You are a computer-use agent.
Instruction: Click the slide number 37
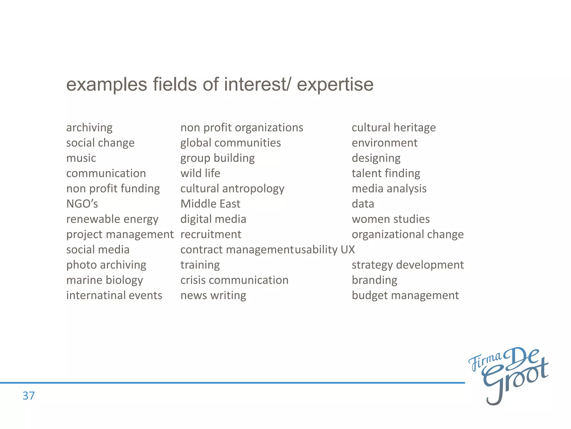(x=28, y=396)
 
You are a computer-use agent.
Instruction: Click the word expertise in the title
(x=335, y=84)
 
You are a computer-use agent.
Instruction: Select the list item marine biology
(x=105, y=280)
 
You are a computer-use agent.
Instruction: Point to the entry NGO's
(x=82, y=204)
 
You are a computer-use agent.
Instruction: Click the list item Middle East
(x=210, y=204)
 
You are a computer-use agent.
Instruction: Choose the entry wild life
(x=200, y=173)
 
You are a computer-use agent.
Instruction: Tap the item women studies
(x=391, y=219)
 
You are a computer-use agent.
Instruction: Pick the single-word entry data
(x=363, y=204)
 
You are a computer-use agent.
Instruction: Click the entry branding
(x=374, y=280)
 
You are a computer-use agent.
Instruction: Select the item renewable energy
(x=112, y=219)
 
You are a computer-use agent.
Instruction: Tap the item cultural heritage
(x=394, y=128)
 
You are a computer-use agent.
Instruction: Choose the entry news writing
(x=213, y=295)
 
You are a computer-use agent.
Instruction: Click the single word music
(x=81, y=158)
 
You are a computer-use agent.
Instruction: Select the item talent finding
(x=386, y=173)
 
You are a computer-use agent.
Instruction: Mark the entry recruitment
(x=211, y=234)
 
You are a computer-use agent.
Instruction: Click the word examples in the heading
(x=107, y=84)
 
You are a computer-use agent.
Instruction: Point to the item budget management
(x=405, y=295)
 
